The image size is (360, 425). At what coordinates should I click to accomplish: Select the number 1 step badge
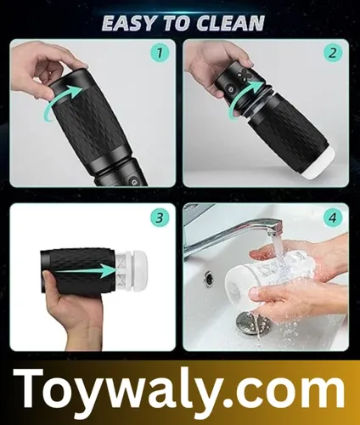[159, 53]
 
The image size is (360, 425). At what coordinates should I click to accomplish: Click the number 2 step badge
[332, 53]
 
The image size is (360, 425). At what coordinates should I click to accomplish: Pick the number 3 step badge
[159, 218]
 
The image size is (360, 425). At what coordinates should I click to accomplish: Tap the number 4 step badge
[332, 218]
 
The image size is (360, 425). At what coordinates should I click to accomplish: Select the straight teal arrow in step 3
[85, 270]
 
